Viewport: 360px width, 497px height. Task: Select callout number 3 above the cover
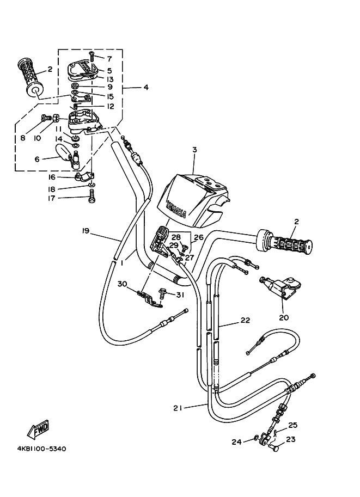coord(194,150)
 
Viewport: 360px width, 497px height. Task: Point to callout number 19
coord(85,231)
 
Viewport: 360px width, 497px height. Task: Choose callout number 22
coord(245,321)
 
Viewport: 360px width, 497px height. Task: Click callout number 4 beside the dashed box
coord(145,87)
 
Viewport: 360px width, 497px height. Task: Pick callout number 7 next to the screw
coord(109,59)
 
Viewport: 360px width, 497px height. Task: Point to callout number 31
coord(180,295)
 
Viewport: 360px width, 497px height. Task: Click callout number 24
coord(236,442)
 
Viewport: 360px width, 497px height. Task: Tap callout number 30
coord(122,284)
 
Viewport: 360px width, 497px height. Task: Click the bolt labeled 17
coord(92,198)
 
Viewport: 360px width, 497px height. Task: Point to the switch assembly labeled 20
coord(279,286)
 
